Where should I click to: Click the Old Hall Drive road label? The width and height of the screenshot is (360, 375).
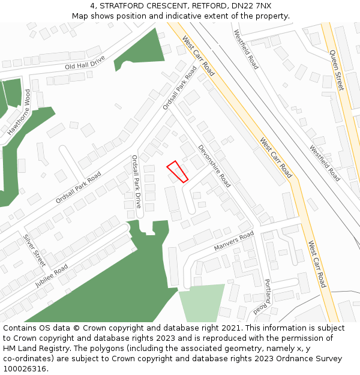(x=85, y=62)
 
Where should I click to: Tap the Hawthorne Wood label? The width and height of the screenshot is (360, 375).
(x=19, y=112)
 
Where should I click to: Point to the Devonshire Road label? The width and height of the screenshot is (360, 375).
(x=214, y=166)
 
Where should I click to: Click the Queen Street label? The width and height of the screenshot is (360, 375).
(x=336, y=70)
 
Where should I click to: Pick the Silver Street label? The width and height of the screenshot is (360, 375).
(x=34, y=250)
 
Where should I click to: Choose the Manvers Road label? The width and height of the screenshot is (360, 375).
(x=234, y=242)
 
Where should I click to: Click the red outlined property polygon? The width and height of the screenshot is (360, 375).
(x=177, y=171)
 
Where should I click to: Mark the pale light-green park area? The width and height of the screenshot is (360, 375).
(x=202, y=303)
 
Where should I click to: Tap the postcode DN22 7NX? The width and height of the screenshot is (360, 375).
(x=251, y=6)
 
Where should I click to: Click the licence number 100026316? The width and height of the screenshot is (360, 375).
(x=24, y=368)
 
